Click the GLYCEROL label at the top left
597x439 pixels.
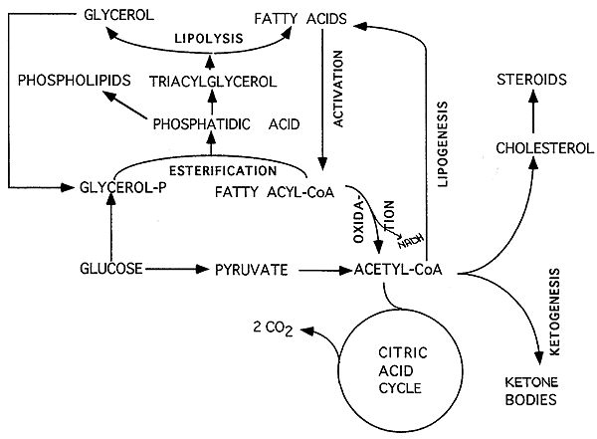tap(118, 15)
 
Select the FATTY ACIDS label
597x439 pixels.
tap(300, 19)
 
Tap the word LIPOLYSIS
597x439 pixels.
tap(209, 38)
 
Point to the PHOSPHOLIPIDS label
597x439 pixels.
tap(75, 81)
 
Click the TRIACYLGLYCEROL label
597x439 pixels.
tap(213, 82)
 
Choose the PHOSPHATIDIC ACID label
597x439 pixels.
tap(226, 124)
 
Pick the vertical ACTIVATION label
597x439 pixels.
tap(338, 89)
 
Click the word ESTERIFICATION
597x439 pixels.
tap(223, 171)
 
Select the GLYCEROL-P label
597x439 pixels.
tap(123, 187)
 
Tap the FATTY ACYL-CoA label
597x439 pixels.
tap(275, 192)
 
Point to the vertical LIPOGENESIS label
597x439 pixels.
tap(443, 144)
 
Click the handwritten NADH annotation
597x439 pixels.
tap(411, 241)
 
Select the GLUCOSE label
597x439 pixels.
tap(111, 269)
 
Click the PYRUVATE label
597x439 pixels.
tap(252, 270)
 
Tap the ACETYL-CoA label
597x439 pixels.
tap(398, 270)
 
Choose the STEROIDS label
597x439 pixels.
tap(532, 80)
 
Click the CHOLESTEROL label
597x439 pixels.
tap(545, 148)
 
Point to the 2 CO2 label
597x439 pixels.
tap(273, 329)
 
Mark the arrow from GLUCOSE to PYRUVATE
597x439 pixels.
tap(177, 269)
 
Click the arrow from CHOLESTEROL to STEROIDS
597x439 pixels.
tap(533, 111)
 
